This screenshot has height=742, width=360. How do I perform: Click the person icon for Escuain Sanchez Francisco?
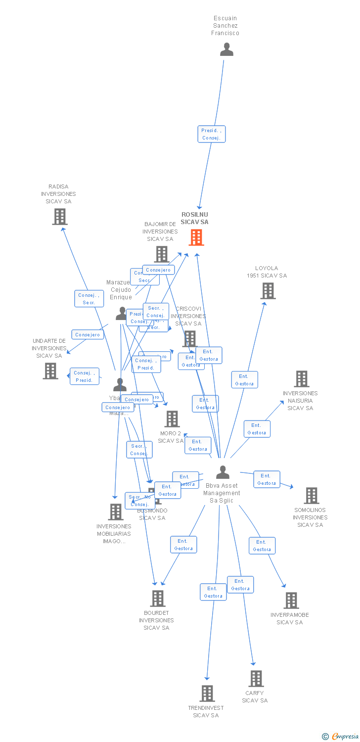pos(226,49)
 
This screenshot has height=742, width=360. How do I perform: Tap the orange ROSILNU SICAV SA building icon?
pos(196,237)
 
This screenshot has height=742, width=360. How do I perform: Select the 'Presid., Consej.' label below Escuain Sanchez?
pos(212,134)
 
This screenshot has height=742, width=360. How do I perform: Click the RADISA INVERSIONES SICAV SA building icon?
pos(60,217)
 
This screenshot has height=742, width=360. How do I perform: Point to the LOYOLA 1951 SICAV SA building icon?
pos(268,291)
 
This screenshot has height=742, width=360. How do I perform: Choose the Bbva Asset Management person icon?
pos(223,472)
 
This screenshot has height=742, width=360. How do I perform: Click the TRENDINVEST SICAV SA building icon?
pos(207,694)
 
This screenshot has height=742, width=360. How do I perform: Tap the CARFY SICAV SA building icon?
pos(256,679)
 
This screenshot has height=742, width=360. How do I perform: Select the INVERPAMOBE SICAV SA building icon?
pos(291,601)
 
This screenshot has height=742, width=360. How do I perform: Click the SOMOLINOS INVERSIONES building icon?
pos(311,496)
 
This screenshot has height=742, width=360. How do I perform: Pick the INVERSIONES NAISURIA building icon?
pos(301,379)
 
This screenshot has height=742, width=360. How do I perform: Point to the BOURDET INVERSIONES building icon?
pos(157,599)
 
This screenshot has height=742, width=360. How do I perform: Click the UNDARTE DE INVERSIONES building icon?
pos(50,371)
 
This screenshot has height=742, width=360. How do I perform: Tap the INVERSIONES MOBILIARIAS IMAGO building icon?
pos(115,512)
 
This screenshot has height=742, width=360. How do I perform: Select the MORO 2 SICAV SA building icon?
pos(172,419)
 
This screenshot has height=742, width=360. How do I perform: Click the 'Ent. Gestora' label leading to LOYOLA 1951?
pos(244,380)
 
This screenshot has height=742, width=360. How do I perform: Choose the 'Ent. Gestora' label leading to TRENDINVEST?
pos(213,592)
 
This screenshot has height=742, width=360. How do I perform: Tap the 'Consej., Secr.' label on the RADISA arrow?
pos(89,299)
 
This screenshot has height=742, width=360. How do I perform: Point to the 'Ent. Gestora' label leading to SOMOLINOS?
pos(267,479)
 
